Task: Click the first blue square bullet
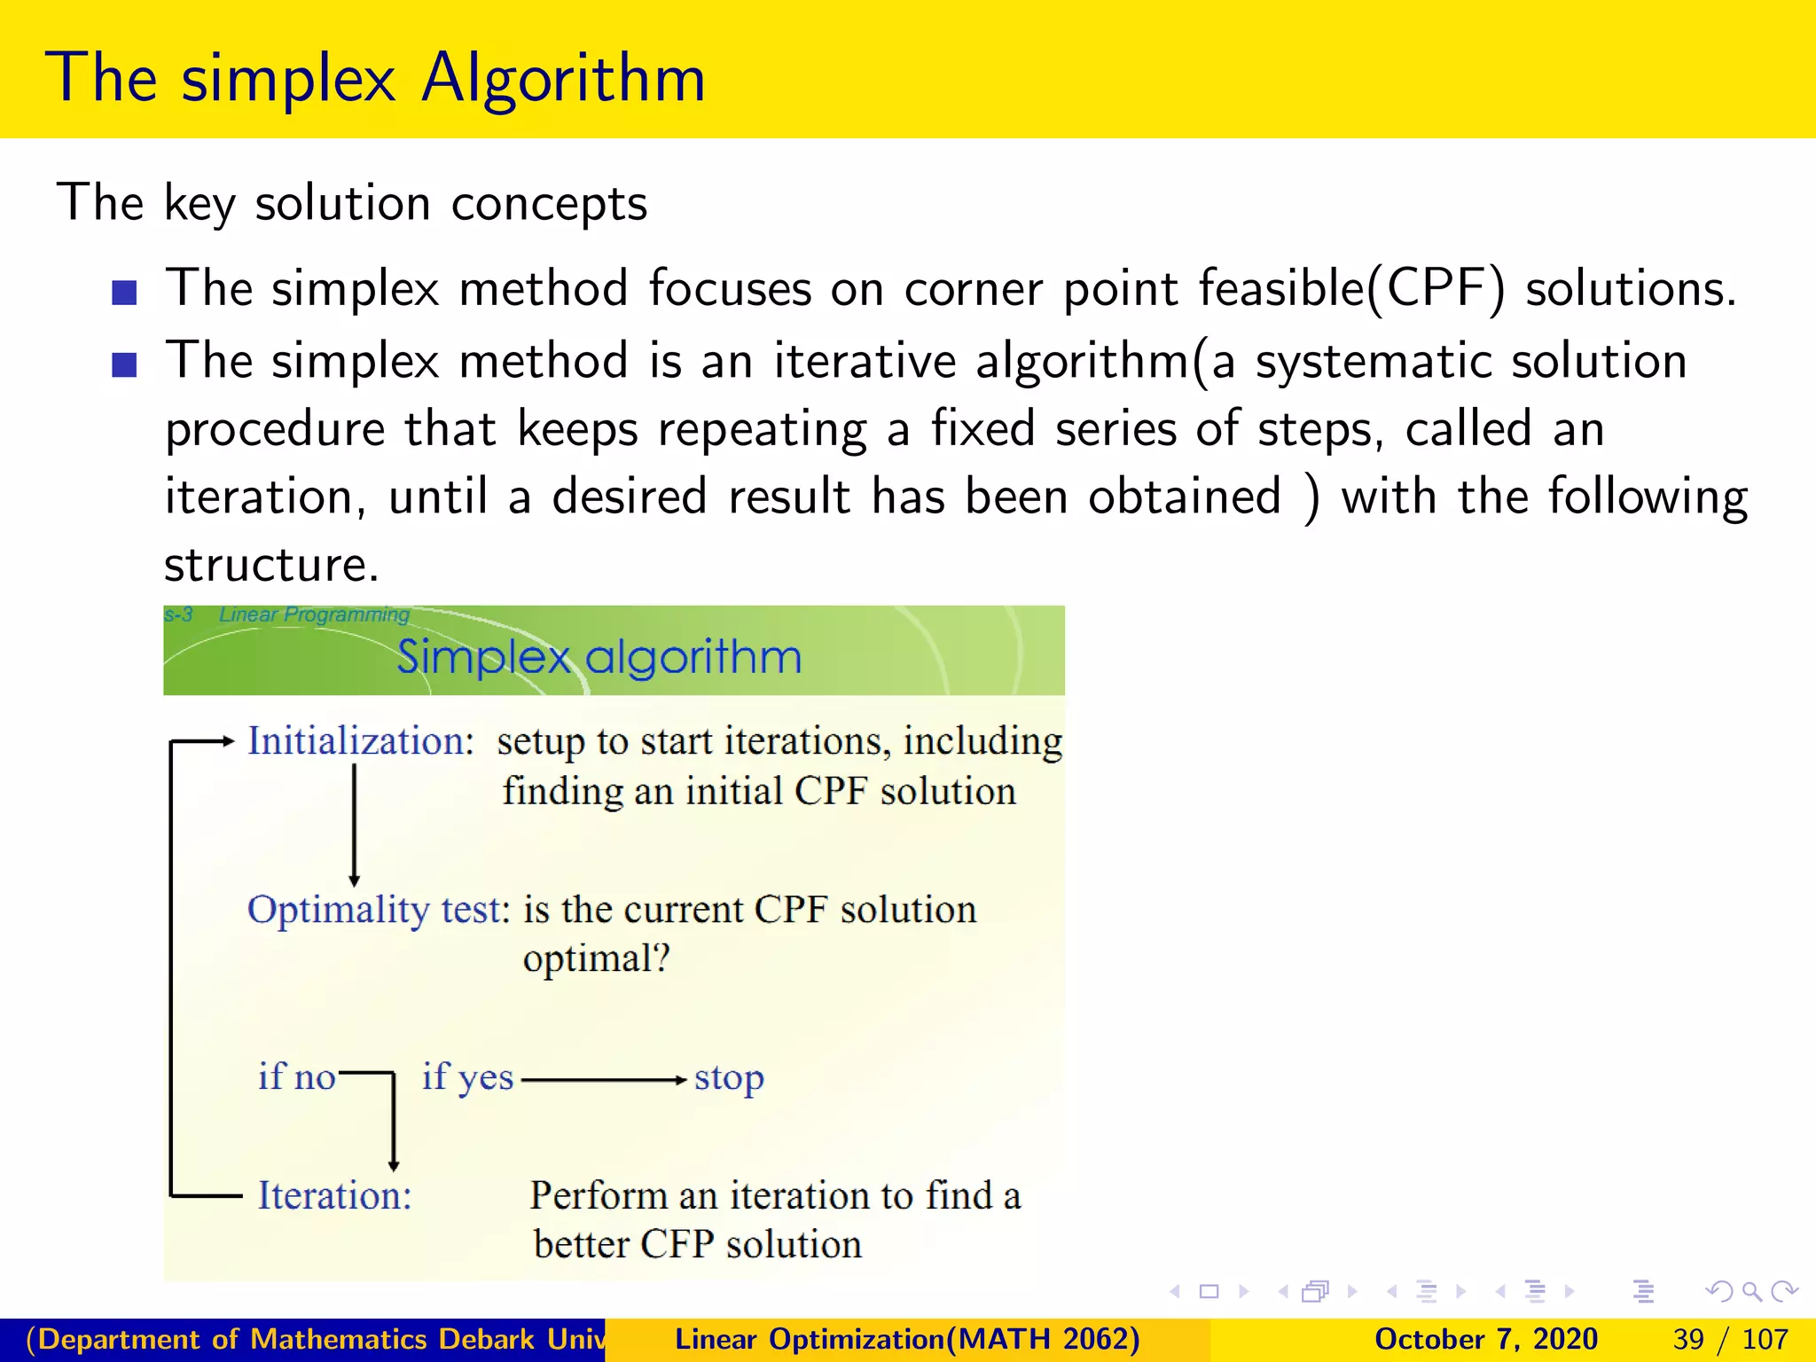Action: [x=124, y=293]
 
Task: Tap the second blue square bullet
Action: [x=124, y=364]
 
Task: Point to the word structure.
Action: [x=270, y=565]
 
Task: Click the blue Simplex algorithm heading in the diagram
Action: [x=599, y=657]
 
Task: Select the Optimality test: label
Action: [x=379, y=910]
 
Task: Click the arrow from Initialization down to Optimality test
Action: [x=355, y=825]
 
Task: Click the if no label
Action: [x=296, y=1077]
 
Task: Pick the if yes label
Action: [x=467, y=1077]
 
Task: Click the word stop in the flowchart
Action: [x=728, y=1079]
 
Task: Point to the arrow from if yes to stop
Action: [x=603, y=1080]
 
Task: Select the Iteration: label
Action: [x=334, y=1196]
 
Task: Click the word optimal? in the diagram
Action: [x=596, y=959]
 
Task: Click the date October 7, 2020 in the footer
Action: [x=1485, y=1339]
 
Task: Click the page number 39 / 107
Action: [x=1730, y=1339]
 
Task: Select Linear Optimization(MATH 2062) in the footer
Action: [x=907, y=1339]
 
